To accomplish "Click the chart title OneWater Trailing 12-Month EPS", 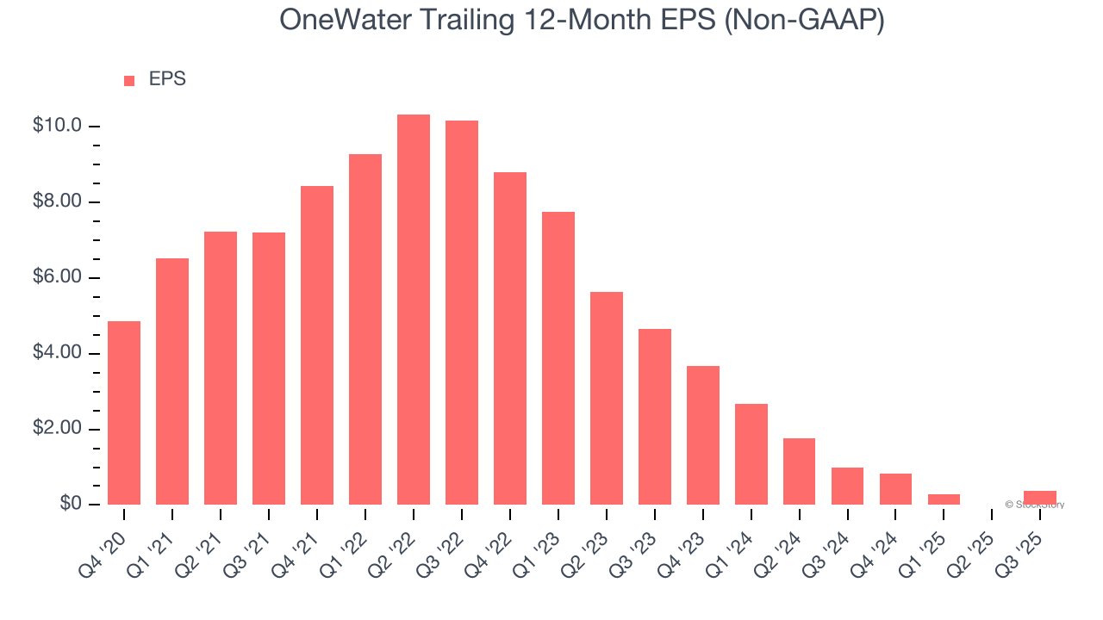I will point(582,21).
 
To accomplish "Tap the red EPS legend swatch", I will point(129,80).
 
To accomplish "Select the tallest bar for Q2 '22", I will point(414,309).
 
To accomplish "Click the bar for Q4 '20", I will point(124,412).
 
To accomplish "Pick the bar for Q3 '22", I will point(462,313).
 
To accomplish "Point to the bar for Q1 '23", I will point(558,358).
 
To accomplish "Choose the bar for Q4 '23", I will point(703,435).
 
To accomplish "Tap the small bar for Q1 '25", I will point(944,499).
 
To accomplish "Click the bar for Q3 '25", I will point(1040,498).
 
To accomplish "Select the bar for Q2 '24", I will point(800,471).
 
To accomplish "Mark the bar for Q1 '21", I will point(172,381).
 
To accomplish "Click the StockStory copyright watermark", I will point(1034,505).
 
